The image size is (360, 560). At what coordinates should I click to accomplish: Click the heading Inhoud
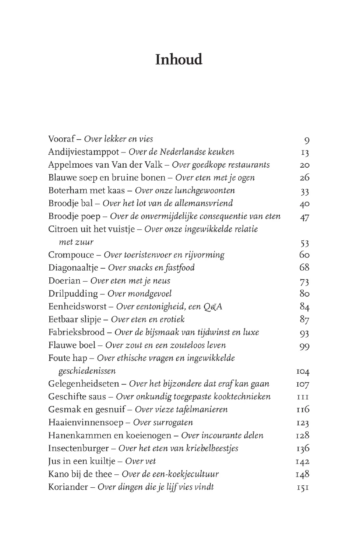(x=179, y=59)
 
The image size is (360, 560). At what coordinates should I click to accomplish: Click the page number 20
(x=304, y=165)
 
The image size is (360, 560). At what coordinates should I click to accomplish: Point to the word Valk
(x=153, y=165)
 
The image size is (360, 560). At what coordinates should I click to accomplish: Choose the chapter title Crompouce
(x=71, y=255)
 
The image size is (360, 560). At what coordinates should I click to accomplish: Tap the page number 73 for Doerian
(x=304, y=281)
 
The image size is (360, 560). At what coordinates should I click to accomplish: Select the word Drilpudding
(x=73, y=294)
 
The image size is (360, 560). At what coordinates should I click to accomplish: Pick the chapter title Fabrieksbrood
(x=77, y=332)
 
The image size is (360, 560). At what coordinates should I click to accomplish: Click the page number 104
(x=302, y=371)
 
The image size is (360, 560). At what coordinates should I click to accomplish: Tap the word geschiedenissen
(x=87, y=371)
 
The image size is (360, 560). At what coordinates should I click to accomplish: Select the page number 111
(x=302, y=397)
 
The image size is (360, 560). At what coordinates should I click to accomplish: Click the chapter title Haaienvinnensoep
(x=86, y=423)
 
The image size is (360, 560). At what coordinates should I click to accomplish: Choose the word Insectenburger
(x=79, y=448)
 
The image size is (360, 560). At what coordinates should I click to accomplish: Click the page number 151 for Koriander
(x=302, y=487)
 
